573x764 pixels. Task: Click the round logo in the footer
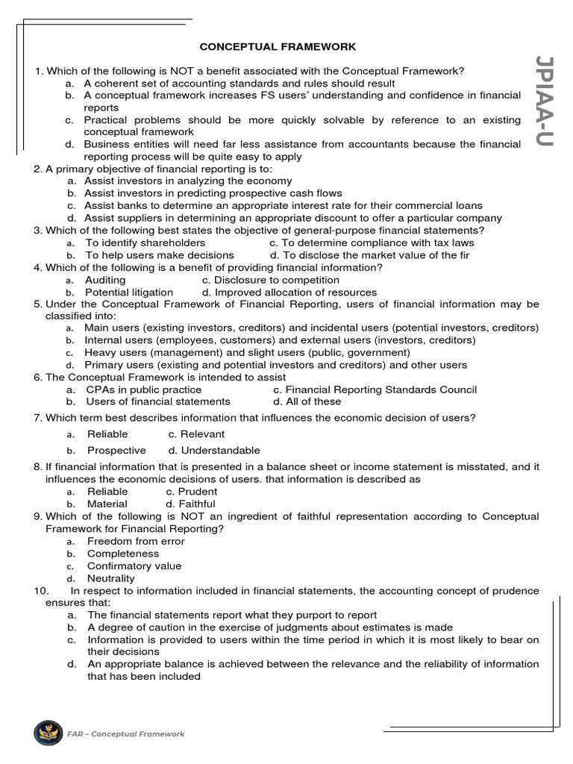[48, 733]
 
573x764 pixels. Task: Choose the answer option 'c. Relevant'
[196, 434]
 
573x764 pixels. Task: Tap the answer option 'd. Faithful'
[191, 504]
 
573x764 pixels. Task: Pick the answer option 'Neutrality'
[111, 578]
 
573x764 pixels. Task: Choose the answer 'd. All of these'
[307, 401]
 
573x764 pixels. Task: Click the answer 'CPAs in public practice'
[143, 389]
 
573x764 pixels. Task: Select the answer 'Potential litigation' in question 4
[128, 292]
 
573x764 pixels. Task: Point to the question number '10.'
[42, 591]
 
